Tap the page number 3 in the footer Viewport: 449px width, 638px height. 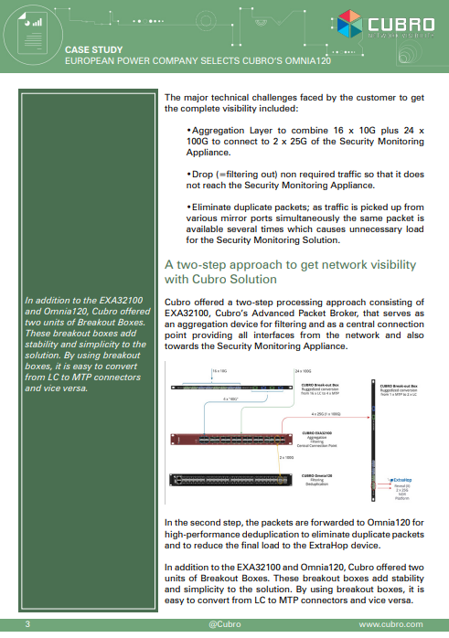28,624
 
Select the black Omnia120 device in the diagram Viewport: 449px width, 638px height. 219,481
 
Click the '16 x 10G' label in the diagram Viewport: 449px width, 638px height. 219,371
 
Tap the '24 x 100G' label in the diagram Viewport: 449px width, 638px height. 303,371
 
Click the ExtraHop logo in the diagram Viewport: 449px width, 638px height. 401,479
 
